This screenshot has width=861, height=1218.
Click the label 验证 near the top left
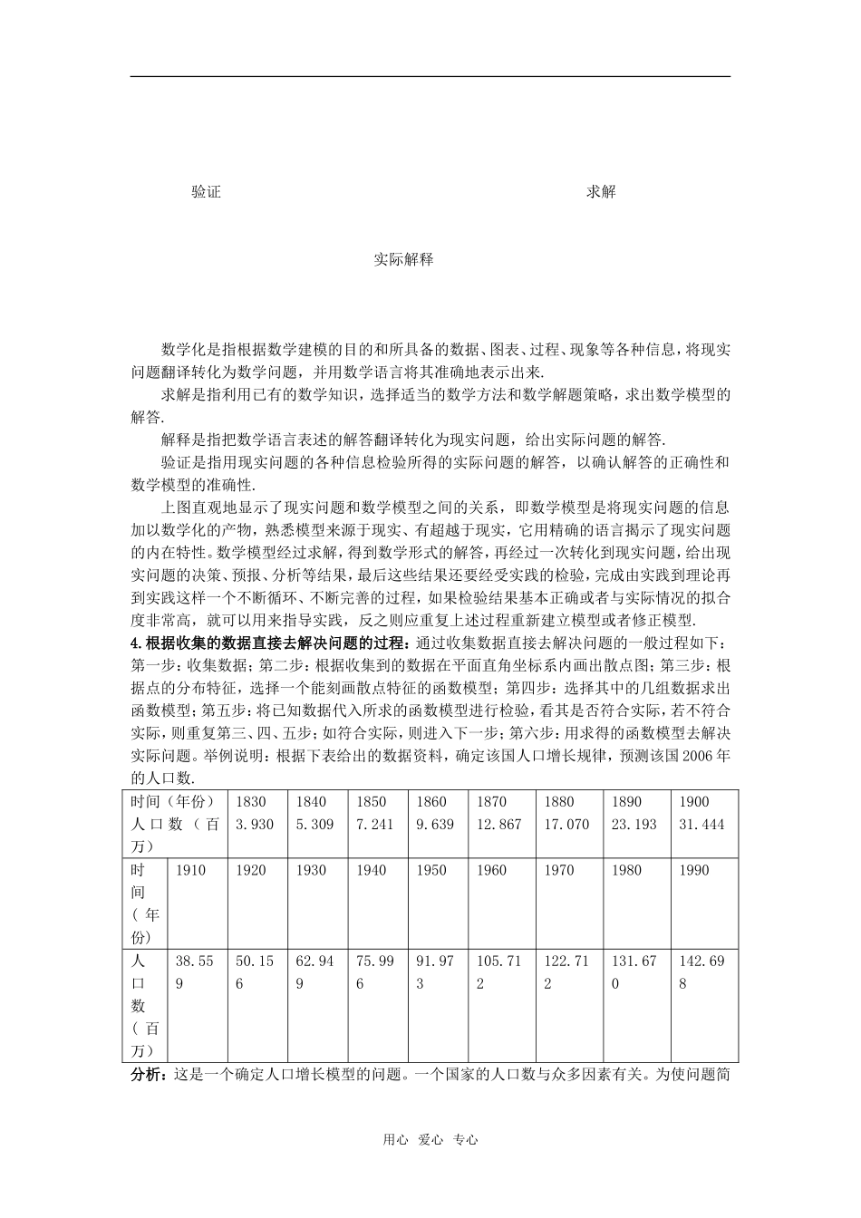pos(207,192)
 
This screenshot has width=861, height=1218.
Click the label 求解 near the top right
pos(601,192)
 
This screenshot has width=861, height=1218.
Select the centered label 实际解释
pos(403,259)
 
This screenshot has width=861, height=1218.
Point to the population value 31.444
pos(702,824)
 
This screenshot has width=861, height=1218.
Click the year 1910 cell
pos(190,870)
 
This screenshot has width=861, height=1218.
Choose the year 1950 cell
pos(431,870)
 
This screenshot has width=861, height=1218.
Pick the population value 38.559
pos(193,972)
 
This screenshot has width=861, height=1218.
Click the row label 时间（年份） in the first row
pos(172,801)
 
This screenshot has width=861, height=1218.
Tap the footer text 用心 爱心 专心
pos(430,1140)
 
